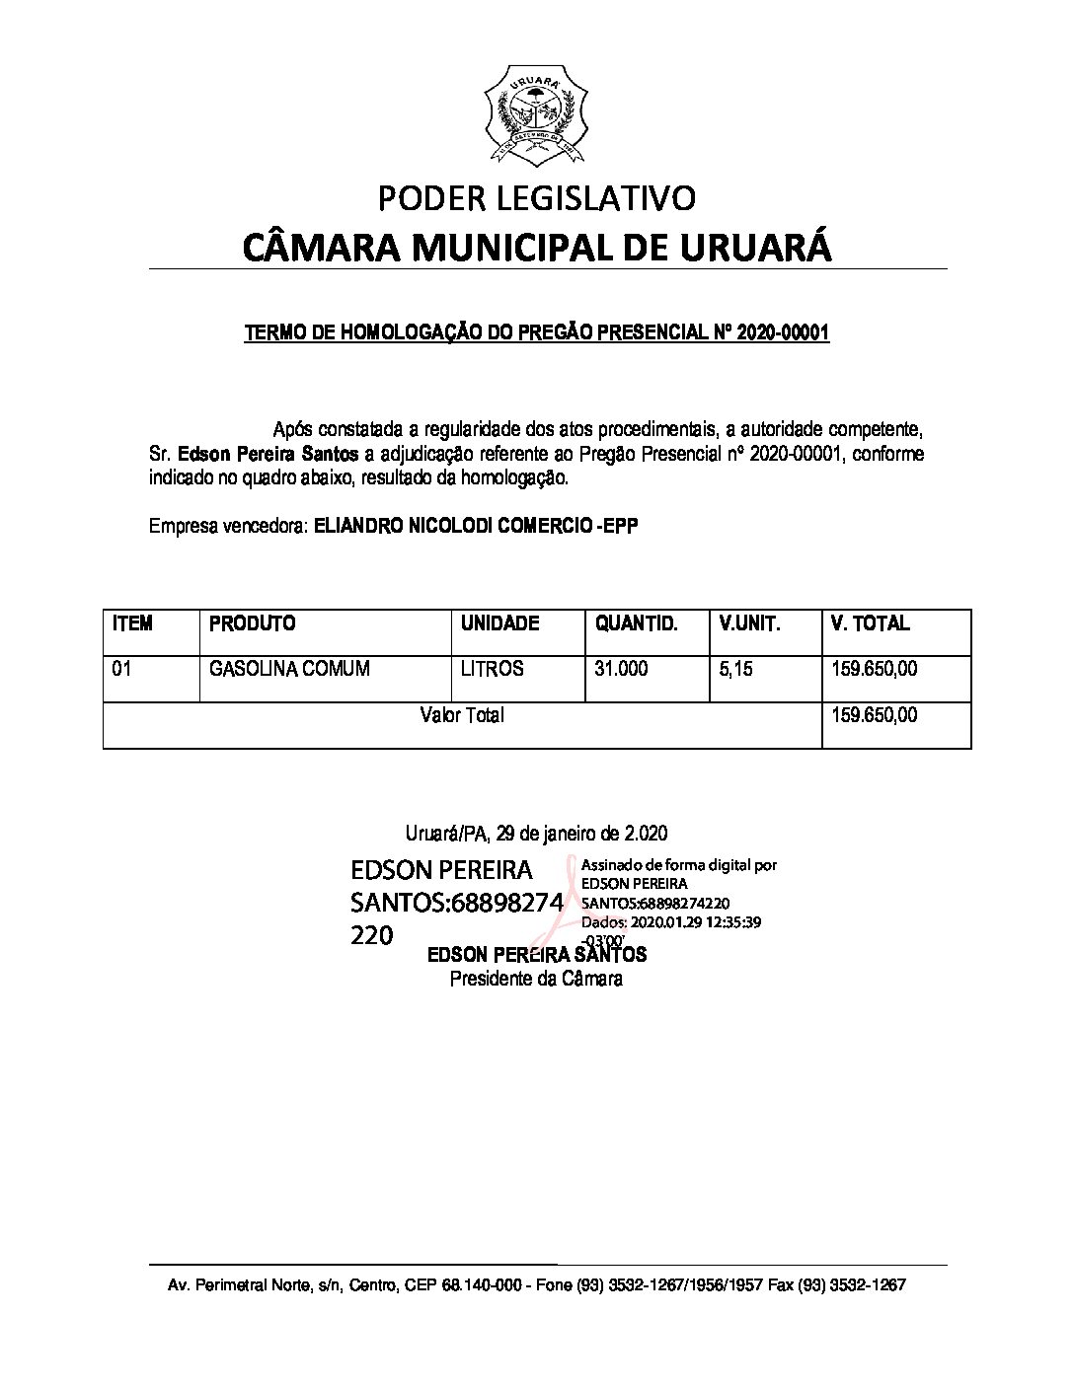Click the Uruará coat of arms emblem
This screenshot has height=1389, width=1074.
536,116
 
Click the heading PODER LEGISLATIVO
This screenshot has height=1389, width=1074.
537,198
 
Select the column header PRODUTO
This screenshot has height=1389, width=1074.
253,623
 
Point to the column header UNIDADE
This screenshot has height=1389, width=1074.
499,623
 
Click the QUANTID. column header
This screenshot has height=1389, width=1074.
636,623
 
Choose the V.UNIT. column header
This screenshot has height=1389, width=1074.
749,623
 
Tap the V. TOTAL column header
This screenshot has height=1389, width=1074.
870,623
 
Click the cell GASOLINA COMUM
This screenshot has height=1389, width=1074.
289,669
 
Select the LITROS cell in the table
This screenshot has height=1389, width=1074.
492,669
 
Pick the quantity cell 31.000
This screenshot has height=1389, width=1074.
621,669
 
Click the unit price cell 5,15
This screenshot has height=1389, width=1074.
735,669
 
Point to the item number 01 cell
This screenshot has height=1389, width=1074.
121,669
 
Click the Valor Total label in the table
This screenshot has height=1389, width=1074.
461,715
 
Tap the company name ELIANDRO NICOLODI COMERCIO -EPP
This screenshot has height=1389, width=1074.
476,526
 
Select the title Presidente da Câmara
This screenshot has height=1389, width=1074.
536,980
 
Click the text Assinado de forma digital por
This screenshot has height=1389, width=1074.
679,865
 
